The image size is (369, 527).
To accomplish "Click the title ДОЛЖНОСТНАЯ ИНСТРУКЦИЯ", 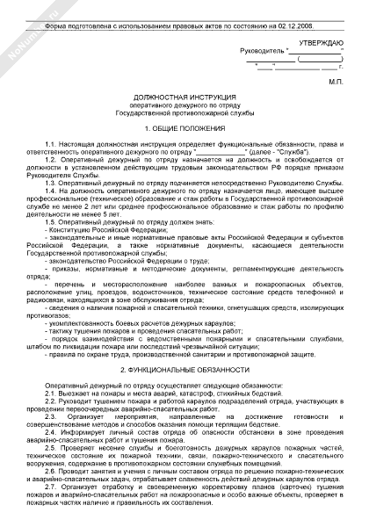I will [184, 104].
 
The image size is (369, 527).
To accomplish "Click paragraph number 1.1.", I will [55, 142].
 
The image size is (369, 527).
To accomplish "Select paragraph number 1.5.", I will [55, 222].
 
